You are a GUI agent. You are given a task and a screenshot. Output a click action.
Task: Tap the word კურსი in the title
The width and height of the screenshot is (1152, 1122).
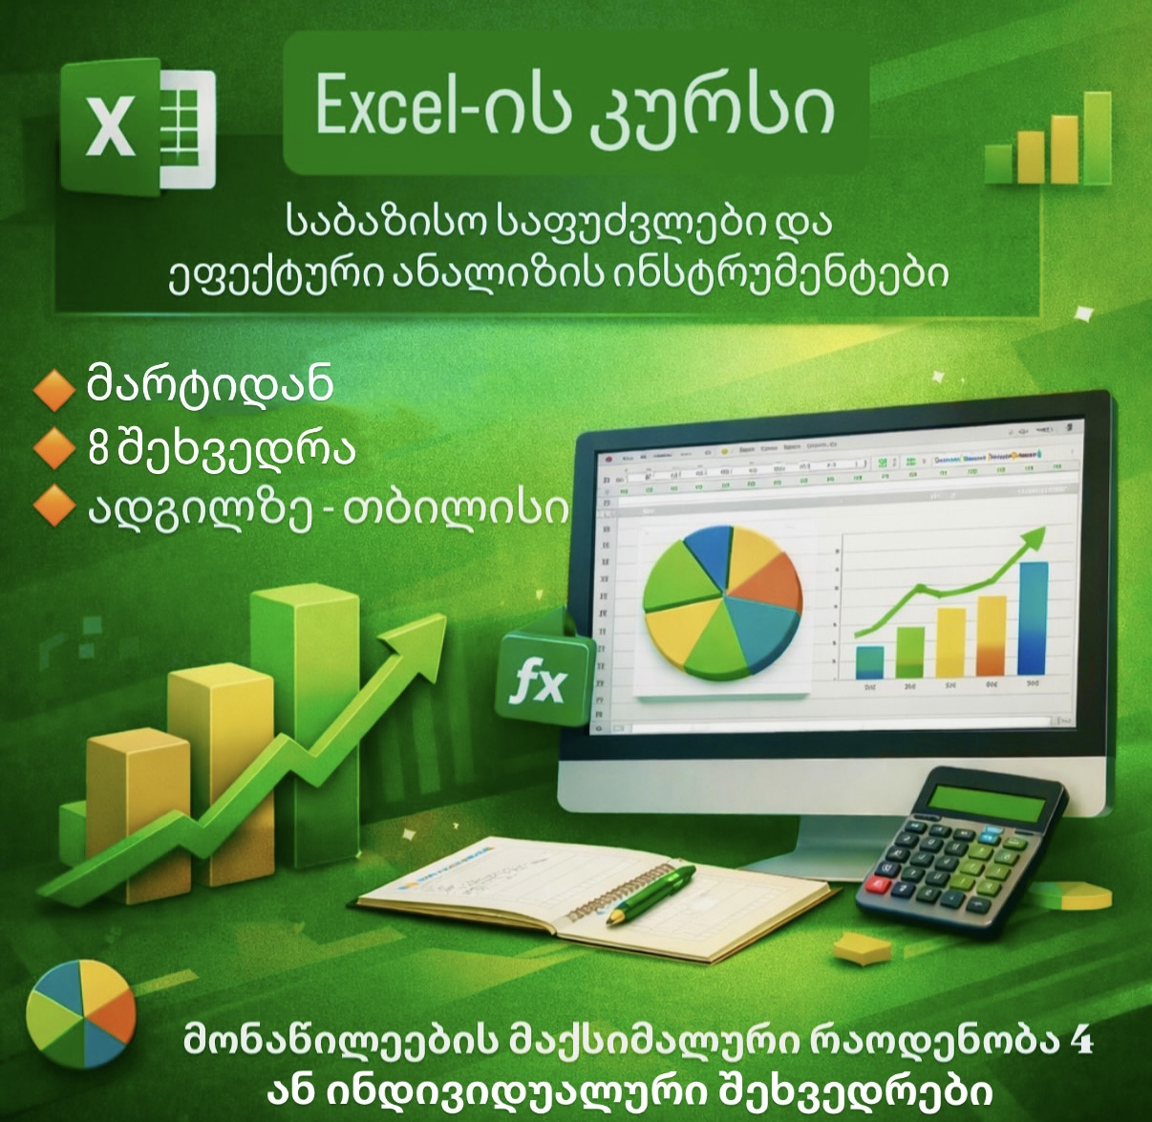[713, 107]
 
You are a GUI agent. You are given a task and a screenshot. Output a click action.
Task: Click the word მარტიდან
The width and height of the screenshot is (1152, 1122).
[210, 384]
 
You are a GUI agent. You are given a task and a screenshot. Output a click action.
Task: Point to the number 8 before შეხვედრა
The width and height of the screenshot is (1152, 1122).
[97, 448]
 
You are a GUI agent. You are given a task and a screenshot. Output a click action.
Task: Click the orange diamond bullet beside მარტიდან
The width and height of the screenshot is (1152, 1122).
[53, 387]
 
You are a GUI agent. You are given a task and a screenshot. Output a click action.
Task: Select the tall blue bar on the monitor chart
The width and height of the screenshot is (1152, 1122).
[1033, 618]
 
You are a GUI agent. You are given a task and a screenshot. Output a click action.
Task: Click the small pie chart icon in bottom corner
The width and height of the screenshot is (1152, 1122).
[80, 1014]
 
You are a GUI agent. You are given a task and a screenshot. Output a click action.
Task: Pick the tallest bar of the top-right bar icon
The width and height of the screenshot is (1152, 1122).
[1097, 138]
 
